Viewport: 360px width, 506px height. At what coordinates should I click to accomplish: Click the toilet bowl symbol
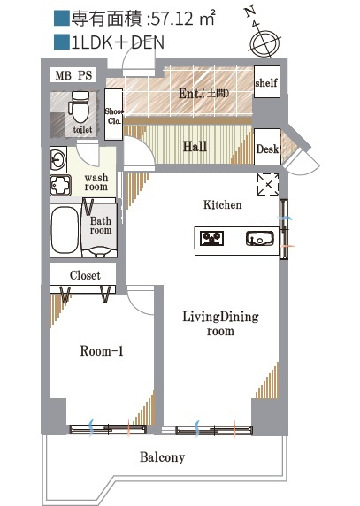(79, 106)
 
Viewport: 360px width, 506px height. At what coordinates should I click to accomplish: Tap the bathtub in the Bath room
(65, 230)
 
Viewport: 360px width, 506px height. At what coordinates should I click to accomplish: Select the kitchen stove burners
(212, 238)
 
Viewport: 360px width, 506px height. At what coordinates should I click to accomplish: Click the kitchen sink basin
(260, 238)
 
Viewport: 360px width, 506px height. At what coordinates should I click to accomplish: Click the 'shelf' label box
(266, 81)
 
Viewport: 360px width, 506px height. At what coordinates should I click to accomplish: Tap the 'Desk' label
(267, 149)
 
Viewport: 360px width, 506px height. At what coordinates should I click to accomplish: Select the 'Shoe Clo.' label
(114, 116)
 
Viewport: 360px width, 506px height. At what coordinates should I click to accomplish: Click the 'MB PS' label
(73, 75)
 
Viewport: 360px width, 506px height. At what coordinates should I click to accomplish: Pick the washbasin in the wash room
(58, 159)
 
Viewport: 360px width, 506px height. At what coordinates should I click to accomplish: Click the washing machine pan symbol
(61, 185)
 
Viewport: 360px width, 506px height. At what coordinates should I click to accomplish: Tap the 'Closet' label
(85, 275)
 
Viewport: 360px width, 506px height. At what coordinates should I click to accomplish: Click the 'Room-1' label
(102, 351)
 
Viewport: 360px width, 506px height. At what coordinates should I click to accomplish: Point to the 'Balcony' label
(162, 457)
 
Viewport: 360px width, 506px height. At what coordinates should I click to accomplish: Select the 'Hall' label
(195, 147)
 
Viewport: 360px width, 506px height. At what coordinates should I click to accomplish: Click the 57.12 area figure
(172, 19)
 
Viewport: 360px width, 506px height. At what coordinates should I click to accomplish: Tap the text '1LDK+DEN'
(118, 42)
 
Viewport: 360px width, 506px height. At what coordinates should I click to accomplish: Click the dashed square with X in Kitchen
(268, 184)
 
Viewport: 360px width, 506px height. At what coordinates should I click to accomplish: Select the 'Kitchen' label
(222, 204)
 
